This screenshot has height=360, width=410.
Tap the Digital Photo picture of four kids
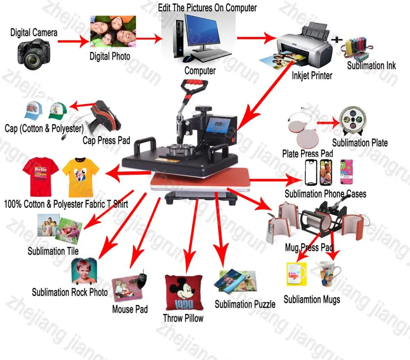point(112,31)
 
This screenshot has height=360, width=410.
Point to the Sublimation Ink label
point(371,66)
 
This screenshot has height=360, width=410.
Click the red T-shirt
point(40,176)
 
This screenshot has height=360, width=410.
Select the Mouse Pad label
point(129,309)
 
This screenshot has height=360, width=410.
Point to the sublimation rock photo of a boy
point(84,271)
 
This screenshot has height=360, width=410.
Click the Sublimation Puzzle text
point(245,304)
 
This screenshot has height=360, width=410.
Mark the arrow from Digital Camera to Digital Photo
point(72,42)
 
